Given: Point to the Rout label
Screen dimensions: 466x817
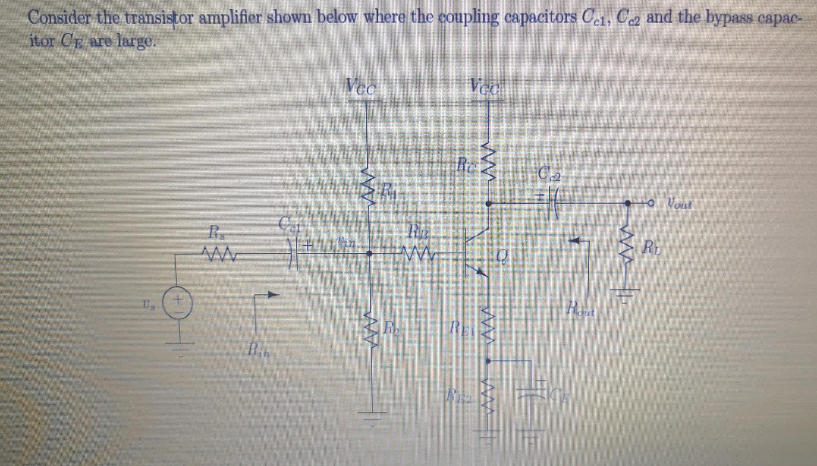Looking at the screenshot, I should tap(581, 309).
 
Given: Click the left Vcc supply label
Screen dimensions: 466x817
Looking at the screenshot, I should tap(361, 86).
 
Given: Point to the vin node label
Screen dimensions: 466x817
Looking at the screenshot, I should tap(346, 243).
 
